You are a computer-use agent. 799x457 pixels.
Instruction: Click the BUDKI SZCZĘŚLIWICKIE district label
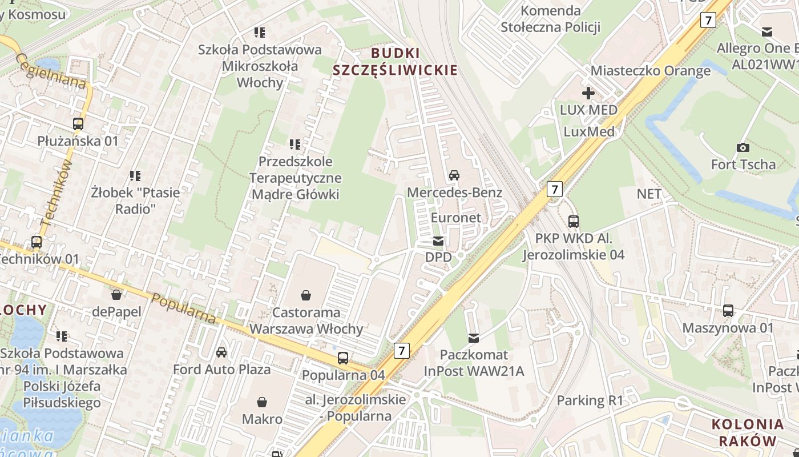(x=395, y=62)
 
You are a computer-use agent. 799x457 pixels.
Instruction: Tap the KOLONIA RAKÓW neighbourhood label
(x=747, y=432)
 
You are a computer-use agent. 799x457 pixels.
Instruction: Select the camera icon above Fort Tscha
(x=742, y=147)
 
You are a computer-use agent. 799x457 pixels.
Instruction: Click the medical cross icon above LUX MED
(x=588, y=93)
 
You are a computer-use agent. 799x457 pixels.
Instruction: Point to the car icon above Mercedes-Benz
(x=454, y=175)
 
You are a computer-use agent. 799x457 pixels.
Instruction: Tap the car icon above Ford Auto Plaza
(x=221, y=352)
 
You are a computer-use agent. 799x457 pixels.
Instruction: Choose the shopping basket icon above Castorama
(x=306, y=295)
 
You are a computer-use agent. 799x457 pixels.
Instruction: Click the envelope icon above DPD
(x=438, y=241)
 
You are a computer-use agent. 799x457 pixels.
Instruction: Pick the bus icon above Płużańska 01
(x=78, y=123)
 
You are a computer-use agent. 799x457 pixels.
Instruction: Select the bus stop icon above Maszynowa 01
(x=728, y=311)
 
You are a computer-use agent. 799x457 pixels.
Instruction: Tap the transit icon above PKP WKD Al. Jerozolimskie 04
(x=574, y=221)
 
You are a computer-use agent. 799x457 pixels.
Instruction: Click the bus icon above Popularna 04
(x=343, y=358)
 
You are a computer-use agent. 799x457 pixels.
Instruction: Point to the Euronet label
(x=456, y=218)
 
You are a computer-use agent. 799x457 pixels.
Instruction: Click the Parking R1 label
(x=590, y=400)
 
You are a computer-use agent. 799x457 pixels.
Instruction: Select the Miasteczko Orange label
(x=651, y=71)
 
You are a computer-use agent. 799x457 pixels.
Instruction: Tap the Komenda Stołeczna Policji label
(x=551, y=19)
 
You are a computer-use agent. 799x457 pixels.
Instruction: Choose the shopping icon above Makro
(x=262, y=402)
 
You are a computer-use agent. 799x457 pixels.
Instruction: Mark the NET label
(x=649, y=194)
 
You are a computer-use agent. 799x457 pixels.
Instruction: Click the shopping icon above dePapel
(x=116, y=295)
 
